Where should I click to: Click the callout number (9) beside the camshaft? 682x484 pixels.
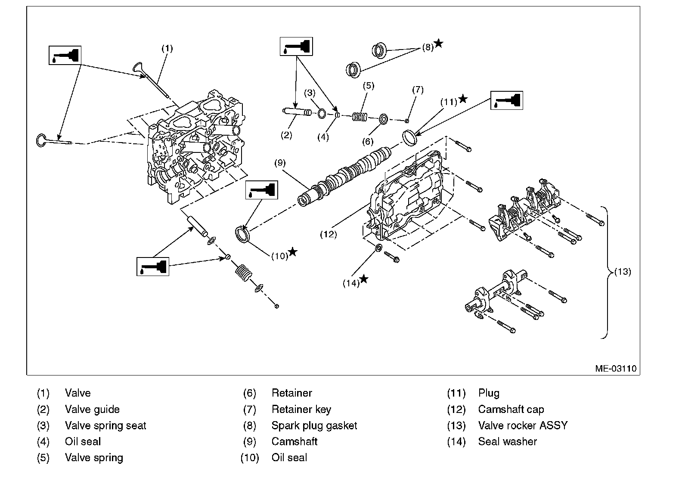click(x=280, y=163)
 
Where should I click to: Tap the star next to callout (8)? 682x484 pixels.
click(x=438, y=43)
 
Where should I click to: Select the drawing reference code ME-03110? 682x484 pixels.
click(x=616, y=369)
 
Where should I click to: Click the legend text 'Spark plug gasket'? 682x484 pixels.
click(x=314, y=425)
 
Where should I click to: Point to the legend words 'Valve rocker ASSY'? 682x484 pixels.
click(x=523, y=425)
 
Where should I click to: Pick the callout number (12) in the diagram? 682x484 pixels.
click(x=328, y=234)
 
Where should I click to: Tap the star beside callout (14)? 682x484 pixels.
click(x=364, y=279)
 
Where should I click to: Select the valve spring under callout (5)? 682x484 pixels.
click(x=360, y=117)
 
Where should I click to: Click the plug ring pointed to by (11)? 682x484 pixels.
click(x=410, y=138)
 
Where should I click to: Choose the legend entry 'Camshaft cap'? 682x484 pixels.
click(x=511, y=409)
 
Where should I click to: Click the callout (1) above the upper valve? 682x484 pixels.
click(x=167, y=48)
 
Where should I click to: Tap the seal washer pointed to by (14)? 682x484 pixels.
click(x=378, y=248)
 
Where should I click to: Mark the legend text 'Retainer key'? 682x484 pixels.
click(x=301, y=409)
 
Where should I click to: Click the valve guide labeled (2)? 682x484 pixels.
click(x=297, y=112)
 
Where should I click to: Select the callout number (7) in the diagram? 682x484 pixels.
click(x=418, y=90)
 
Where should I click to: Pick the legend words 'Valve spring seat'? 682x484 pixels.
click(x=105, y=425)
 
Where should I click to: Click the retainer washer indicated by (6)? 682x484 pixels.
click(x=383, y=119)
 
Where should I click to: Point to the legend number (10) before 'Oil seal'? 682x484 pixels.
click(x=250, y=457)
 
